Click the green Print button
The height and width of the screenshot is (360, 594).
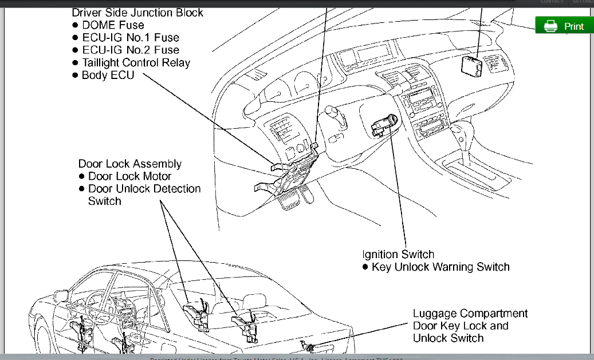pyautogui.click(x=564, y=26)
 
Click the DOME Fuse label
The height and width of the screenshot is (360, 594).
pyautogui.click(x=113, y=25)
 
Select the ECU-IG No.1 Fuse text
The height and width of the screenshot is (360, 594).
pyautogui.click(x=130, y=38)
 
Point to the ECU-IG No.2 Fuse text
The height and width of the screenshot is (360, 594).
pyautogui.click(x=130, y=50)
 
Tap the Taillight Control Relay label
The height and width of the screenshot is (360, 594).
pyautogui.click(x=136, y=63)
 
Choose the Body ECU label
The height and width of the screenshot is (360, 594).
pyautogui.click(x=108, y=75)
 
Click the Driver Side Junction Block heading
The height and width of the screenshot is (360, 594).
pyautogui.click(x=137, y=12)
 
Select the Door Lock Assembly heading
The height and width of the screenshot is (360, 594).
pyautogui.click(x=130, y=164)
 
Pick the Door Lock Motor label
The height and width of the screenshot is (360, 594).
pyautogui.click(x=129, y=176)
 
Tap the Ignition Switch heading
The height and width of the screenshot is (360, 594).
pyautogui.click(x=398, y=254)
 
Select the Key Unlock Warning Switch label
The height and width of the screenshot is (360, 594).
pyautogui.click(x=440, y=267)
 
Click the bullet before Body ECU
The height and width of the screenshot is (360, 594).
pyautogui.click(x=75, y=76)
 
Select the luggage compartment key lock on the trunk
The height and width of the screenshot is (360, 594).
pyautogui.click(x=309, y=347)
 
